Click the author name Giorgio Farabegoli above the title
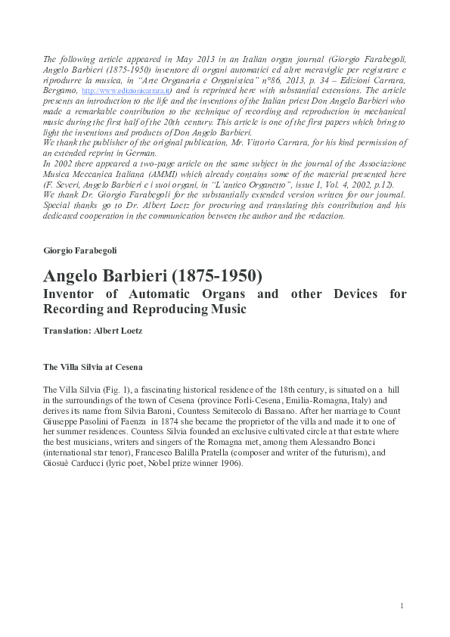pos(80,250)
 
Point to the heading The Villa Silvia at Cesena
pos(92,367)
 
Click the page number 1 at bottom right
pos(402,605)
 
